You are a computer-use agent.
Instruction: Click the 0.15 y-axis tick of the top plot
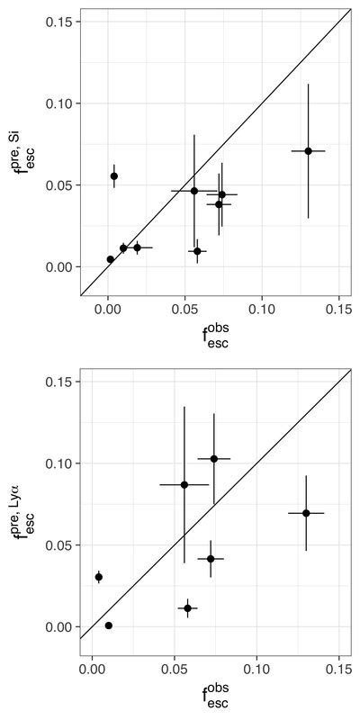point(59,22)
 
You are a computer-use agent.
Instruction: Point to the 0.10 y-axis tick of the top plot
point(59,103)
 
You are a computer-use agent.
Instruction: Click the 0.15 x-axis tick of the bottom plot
point(338,669)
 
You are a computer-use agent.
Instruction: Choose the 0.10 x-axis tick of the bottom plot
point(256,669)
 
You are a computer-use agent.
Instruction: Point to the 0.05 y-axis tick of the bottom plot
point(59,544)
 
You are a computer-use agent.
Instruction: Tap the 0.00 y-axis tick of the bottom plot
point(59,626)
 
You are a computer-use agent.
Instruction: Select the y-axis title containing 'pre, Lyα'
point(24,517)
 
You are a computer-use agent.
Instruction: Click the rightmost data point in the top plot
point(308,151)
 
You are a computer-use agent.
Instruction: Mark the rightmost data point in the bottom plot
point(306,513)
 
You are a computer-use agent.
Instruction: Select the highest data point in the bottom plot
point(214,459)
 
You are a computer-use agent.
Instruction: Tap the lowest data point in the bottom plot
point(109,625)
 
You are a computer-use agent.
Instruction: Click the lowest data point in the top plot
point(111,259)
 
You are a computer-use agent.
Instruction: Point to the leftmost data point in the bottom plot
point(99,577)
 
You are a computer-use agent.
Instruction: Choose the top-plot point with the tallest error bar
point(308,151)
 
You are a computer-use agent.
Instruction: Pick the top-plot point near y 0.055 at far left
point(114,176)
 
